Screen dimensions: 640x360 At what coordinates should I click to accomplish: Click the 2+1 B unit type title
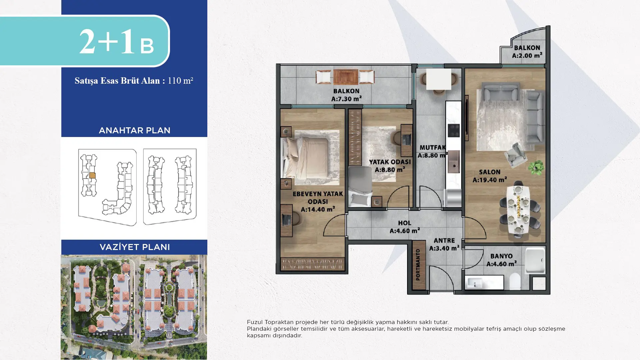116,41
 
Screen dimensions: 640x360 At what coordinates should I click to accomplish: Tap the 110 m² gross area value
180,81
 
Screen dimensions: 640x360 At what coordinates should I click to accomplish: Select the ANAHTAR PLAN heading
134,130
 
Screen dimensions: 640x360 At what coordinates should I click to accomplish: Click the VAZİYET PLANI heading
135,247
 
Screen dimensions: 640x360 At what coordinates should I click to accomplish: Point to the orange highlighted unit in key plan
92,175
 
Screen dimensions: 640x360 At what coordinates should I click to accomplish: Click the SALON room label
490,172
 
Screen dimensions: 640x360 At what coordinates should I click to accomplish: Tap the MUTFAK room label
432,147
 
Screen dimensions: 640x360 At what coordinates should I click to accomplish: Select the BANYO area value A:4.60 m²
501,264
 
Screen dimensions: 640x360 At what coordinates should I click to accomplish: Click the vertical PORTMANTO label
418,265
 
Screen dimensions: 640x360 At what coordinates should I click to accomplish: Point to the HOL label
404,223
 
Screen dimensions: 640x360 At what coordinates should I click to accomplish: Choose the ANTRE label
444,240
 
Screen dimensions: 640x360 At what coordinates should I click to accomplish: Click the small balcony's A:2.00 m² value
527,55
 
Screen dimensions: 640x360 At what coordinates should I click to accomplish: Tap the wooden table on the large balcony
346,77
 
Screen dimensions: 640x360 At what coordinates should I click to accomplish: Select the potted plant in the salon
536,167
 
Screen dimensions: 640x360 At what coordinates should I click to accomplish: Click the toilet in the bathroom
515,281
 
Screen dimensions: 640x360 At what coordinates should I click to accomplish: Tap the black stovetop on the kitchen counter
453,130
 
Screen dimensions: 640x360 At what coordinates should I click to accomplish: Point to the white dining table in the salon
518,210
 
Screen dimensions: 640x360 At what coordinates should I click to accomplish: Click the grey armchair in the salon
515,154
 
